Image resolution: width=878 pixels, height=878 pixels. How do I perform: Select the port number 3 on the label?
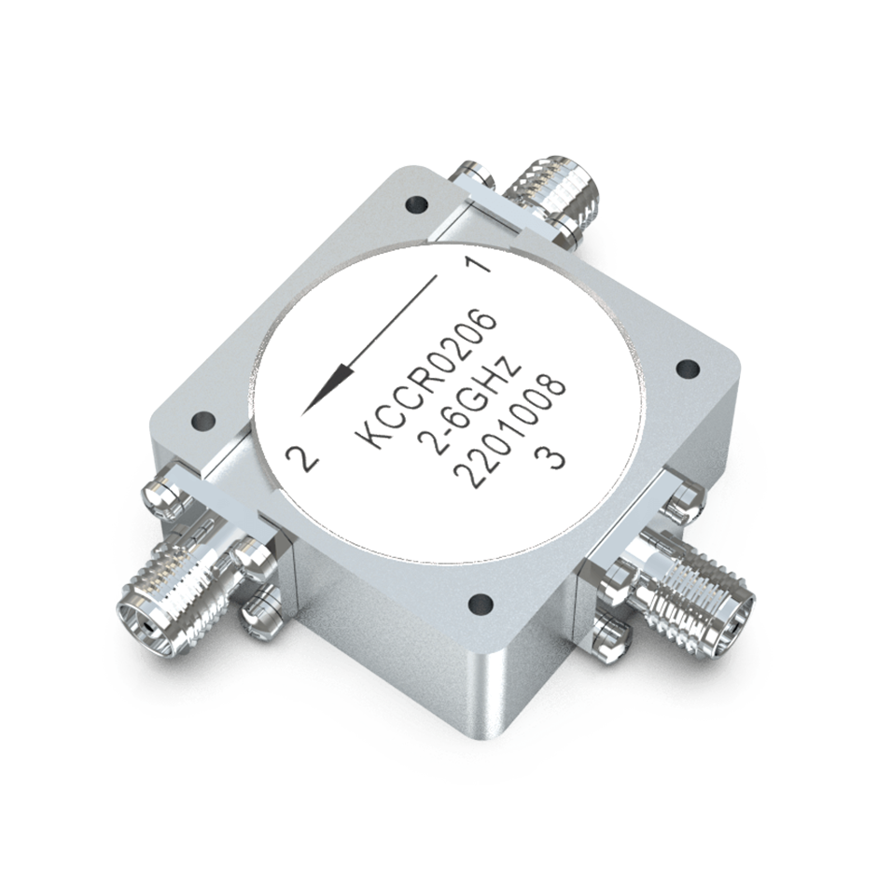[x=554, y=459]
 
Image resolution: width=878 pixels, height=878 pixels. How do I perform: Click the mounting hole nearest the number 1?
[x=411, y=203]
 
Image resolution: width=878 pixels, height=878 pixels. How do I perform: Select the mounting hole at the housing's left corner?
[x=200, y=419]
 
